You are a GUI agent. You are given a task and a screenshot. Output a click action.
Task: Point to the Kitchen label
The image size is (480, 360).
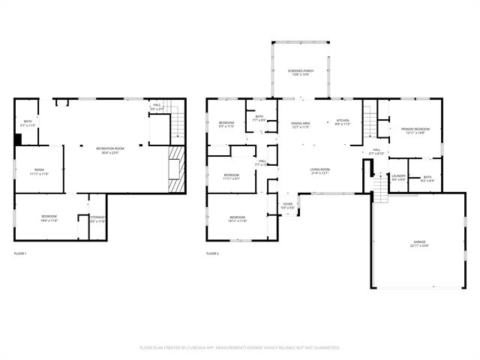(x=342, y=122)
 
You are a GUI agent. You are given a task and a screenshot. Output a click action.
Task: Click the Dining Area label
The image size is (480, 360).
(x=301, y=122)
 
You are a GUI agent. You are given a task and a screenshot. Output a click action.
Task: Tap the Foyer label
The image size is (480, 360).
(x=287, y=205)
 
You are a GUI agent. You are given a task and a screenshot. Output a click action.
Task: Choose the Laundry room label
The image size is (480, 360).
(x=398, y=178)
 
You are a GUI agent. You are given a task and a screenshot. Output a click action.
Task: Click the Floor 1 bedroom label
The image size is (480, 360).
(x=49, y=218)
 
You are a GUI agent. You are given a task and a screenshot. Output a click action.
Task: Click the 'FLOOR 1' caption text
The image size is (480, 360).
(x=21, y=253)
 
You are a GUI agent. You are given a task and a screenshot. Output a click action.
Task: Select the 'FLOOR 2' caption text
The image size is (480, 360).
(x=213, y=253)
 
